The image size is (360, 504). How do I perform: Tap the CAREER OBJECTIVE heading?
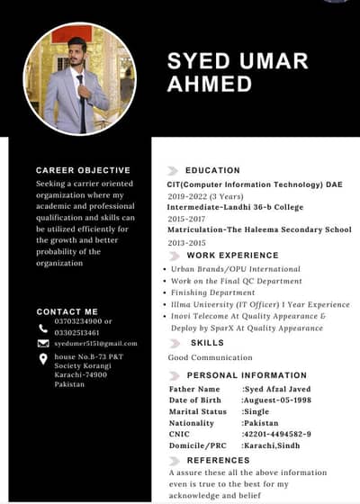(83, 170)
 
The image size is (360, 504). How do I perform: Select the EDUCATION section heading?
(212, 170)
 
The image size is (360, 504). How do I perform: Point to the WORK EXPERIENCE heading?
(232, 256)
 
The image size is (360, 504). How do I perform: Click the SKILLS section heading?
(207, 343)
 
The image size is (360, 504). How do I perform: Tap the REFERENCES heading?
(218, 460)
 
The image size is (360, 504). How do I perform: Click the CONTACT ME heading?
(67, 311)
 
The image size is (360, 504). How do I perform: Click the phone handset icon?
(43, 328)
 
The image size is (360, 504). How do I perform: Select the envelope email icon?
(43, 344)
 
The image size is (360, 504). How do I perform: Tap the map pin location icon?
(43, 358)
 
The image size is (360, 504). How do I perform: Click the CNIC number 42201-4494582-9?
(276, 434)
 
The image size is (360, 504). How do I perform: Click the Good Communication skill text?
(210, 357)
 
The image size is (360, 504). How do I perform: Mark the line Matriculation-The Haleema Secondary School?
(259, 230)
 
